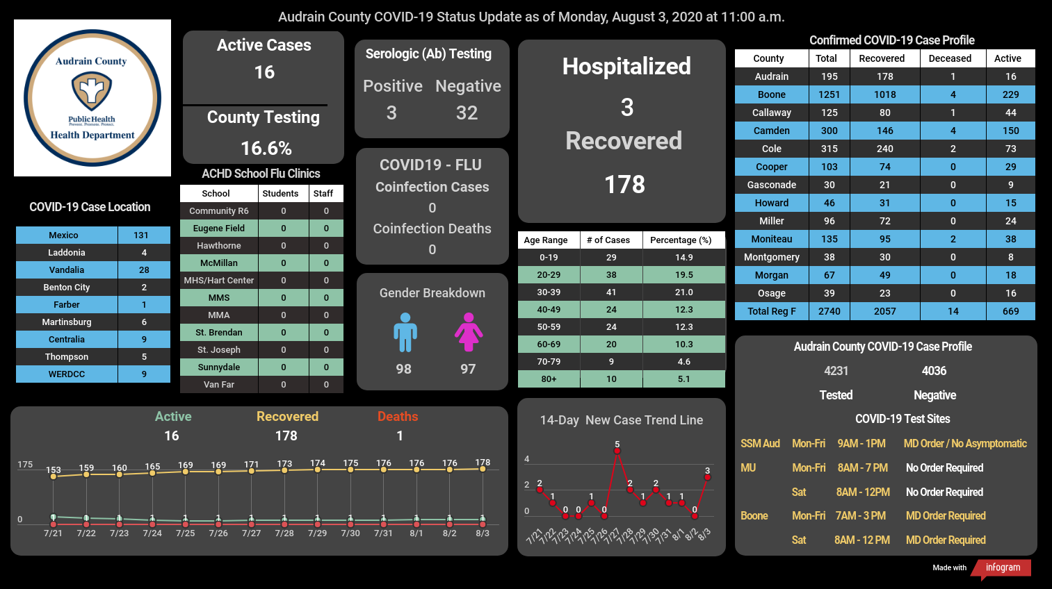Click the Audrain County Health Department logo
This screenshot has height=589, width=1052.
(x=92, y=98)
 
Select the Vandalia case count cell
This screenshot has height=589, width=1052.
(x=144, y=270)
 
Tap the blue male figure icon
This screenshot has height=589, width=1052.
(x=405, y=332)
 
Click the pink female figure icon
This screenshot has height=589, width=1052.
(x=468, y=332)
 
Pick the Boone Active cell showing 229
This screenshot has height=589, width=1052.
(x=1011, y=94)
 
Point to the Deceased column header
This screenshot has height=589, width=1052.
(x=950, y=58)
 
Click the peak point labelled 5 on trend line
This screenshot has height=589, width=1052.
(x=617, y=451)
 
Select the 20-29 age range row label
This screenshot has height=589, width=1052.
(x=549, y=274)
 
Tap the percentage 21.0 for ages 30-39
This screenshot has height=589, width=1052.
(x=683, y=292)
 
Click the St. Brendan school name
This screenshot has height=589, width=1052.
(x=219, y=332)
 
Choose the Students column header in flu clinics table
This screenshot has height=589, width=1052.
(x=280, y=193)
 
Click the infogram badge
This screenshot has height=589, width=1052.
(x=1002, y=568)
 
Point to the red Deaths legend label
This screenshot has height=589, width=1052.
(x=398, y=416)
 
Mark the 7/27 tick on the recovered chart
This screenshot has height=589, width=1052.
(x=251, y=533)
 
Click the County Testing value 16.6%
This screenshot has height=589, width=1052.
(x=266, y=149)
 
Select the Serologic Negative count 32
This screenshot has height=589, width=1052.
(x=467, y=113)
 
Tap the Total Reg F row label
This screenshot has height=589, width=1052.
(x=772, y=311)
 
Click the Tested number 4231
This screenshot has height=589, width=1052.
(x=836, y=371)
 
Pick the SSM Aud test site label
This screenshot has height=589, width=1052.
(x=760, y=444)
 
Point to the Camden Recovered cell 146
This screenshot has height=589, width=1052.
(x=885, y=131)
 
